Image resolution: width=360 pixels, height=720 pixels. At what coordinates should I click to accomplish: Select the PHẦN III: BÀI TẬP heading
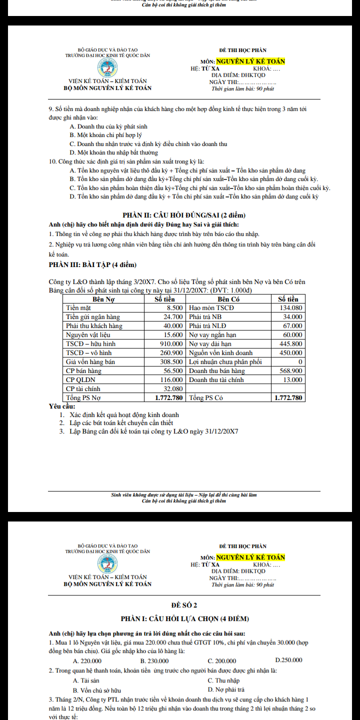coord(92,264)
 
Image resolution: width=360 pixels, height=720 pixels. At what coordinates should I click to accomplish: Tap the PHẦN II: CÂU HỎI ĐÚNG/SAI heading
coord(184,215)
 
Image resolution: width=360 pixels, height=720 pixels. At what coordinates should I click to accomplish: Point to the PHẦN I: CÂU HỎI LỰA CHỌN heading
coord(184,618)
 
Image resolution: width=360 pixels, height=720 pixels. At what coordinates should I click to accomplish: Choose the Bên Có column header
coord(228,299)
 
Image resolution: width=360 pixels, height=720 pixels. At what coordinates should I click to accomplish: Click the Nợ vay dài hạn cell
coord(212,344)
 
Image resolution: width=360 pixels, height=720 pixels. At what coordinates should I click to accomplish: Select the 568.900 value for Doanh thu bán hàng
coord(289,371)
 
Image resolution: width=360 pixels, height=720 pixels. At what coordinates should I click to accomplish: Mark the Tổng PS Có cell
coord(206,398)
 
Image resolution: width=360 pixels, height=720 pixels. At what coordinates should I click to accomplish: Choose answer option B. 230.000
coord(154,660)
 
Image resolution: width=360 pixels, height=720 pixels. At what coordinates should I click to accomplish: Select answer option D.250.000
coord(288,660)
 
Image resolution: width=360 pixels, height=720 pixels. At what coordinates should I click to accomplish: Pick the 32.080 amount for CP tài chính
coord(173,389)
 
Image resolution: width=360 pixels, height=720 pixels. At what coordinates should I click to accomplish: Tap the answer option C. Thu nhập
coord(223,680)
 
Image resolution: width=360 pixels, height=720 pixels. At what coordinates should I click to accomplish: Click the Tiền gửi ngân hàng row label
coord(93,317)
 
